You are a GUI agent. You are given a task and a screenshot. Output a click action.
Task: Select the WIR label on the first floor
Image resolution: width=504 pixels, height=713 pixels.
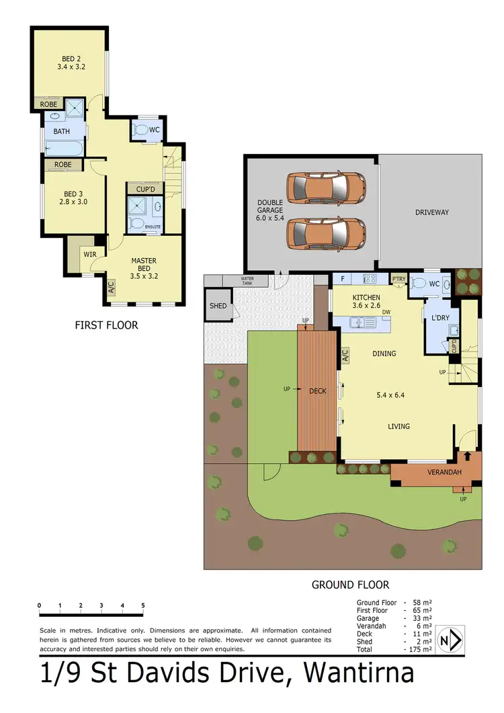click(90, 254)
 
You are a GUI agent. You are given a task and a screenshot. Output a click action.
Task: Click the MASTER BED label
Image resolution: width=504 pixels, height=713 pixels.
click(144, 265)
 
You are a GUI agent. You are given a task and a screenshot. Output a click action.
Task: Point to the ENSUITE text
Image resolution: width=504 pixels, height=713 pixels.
click(153, 226)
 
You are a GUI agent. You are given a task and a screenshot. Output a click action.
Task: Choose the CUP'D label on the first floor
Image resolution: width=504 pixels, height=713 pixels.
click(146, 189)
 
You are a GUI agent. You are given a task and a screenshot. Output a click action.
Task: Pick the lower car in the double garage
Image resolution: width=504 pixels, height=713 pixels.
click(326, 233)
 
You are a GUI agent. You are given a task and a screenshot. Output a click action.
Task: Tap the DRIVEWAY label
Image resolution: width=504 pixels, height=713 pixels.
click(431, 212)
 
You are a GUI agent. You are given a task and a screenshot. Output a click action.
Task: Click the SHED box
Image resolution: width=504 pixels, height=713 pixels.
click(217, 305)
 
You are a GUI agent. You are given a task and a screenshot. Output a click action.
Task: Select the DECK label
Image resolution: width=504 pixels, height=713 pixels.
click(317, 390)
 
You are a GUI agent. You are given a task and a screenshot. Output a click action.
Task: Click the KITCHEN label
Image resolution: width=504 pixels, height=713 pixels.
click(366, 297)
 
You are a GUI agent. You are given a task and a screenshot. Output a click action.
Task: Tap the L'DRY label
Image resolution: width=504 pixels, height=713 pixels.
click(440, 317)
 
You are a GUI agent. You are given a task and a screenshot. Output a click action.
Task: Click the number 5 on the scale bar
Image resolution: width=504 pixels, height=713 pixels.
click(143, 606)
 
